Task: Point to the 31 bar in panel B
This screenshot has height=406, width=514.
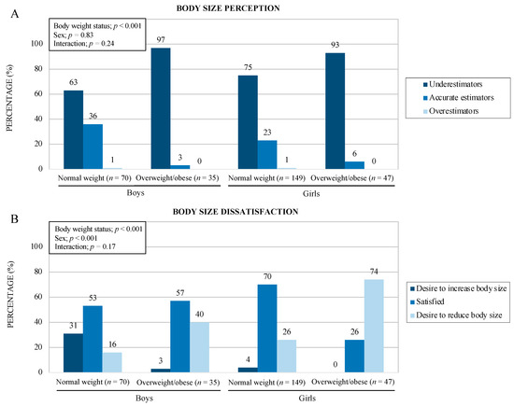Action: [73, 353]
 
